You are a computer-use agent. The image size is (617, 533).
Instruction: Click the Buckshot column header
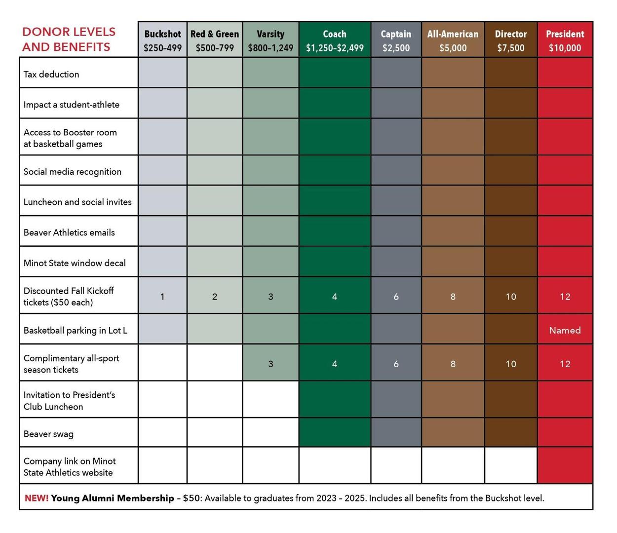click(163, 39)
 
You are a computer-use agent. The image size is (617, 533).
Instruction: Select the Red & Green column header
click(215, 39)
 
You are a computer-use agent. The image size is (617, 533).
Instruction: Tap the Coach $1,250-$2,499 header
click(335, 39)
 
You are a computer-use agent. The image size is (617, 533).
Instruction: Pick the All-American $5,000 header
click(453, 39)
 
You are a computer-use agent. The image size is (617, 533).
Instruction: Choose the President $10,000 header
click(565, 39)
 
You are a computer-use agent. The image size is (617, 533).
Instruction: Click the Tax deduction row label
click(51, 75)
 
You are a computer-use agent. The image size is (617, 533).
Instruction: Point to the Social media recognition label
click(73, 172)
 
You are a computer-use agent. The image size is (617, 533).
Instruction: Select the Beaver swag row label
click(48, 434)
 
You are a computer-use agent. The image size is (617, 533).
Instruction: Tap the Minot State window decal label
click(75, 263)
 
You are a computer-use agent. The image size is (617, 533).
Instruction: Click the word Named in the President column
click(565, 330)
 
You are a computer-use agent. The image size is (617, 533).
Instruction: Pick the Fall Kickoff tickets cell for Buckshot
click(163, 296)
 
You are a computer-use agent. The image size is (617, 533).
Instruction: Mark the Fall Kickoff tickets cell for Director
click(511, 296)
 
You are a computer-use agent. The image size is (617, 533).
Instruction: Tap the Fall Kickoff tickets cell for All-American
click(453, 296)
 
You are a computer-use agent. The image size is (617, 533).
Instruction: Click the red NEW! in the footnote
click(37, 498)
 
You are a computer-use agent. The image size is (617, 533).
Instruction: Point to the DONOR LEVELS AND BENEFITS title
click(69, 39)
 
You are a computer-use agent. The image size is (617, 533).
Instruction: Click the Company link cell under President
click(565, 465)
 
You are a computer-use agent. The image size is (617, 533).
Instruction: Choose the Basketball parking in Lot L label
click(75, 330)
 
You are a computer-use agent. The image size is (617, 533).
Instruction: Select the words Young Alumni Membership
click(113, 498)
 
